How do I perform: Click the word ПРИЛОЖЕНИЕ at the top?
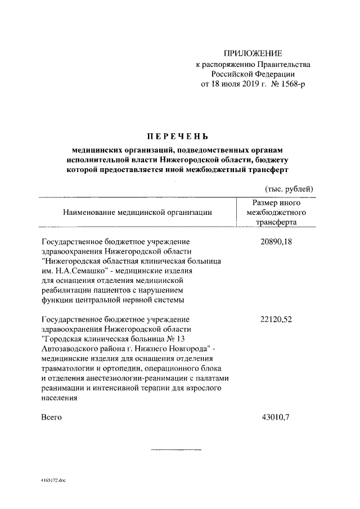pyautogui.click(x=253, y=53)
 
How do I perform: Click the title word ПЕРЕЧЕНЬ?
pyautogui.click(x=178, y=136)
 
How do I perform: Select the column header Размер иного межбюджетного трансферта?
pyautogui.click(x=277, y=212)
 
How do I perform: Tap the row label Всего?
pyautogui.click(x=52, y=417)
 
